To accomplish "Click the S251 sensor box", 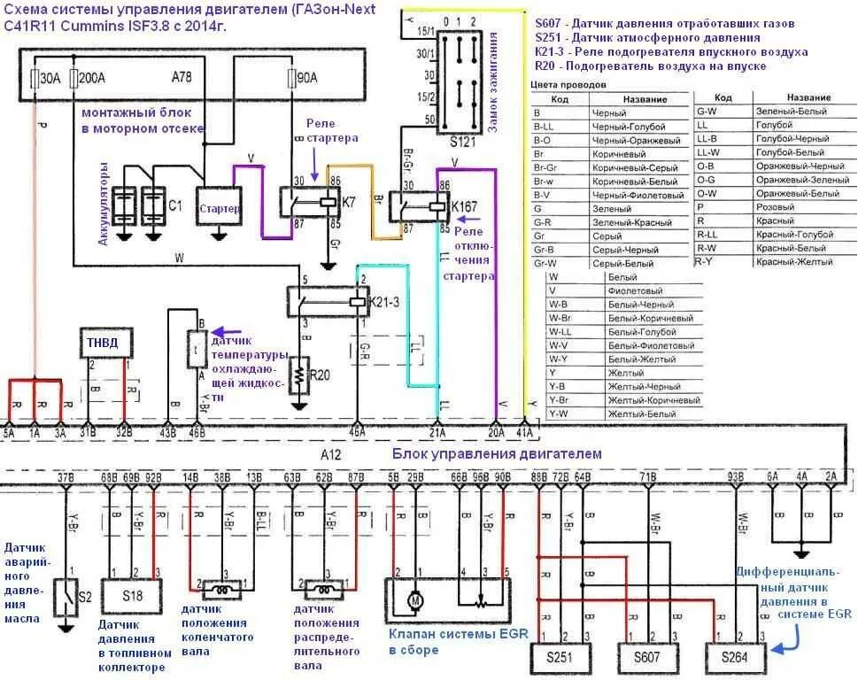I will (559, 658).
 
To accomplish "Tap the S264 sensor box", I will (734, 658).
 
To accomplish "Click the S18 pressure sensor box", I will (131, 595).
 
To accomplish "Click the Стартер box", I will (220, 208).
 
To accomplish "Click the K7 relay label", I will (349, 203).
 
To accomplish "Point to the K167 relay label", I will (465, 207).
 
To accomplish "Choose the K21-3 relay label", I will (383, 302).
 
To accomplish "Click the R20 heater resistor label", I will (320, 375).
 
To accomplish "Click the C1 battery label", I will (175, 205).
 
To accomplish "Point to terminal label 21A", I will (436, 432).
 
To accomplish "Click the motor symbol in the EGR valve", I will (412, 601).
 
